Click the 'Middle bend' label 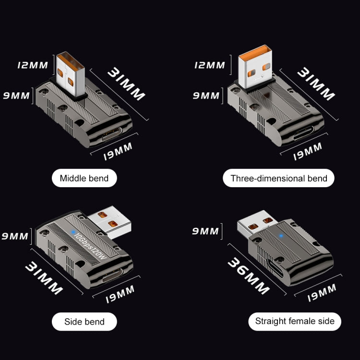point(84,179)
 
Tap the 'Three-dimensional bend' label point(279,179)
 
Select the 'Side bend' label point(84,321)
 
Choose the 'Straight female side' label point(295,321)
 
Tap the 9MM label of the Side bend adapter point(16,237)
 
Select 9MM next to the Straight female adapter point(205,231)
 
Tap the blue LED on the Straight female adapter point(279,236)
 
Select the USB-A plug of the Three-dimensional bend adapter point(255,67)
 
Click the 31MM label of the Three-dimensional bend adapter point(315,84)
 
